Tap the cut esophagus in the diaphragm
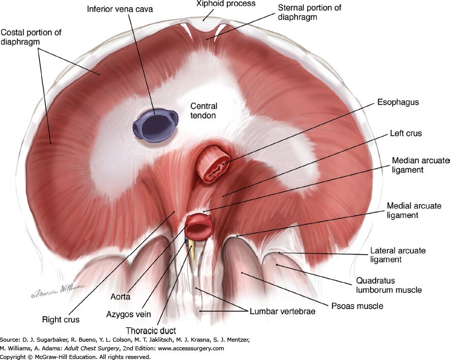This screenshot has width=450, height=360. [x=213, y=165]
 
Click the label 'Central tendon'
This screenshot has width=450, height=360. [x=203, y=111]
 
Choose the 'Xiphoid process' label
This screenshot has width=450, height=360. [x=226, y=4]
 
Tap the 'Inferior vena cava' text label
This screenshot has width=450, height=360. [x=120, y=9]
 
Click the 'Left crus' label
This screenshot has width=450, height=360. [x=406, y=133]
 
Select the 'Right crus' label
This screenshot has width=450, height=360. [x=61, y=319]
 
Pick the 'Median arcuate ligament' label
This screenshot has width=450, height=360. [x=420, y=165]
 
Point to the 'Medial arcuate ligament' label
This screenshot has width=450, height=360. [x=414, y=211]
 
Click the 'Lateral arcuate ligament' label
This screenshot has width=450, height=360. [x=398, y=255]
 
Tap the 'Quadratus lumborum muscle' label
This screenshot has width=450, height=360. [x=389, y=285]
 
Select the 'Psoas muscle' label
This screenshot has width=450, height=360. [x=357, y=306]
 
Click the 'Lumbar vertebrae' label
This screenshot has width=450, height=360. [x=282, y=312]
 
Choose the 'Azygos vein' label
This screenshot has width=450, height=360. [x=129, y=314]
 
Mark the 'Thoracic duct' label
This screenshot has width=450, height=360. [x=151, y=331]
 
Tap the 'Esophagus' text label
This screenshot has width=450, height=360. [x=398, y=103]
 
